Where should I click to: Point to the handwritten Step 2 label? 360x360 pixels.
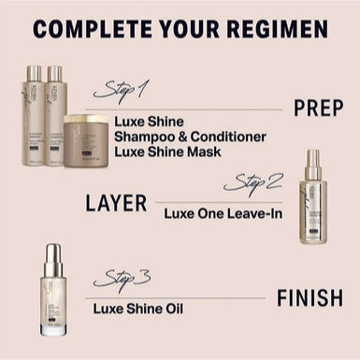tap(252, 181)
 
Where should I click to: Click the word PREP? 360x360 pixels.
tap(318, 108)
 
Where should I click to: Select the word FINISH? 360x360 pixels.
tap(309, 298)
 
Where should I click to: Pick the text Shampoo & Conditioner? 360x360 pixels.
tap(190, 137)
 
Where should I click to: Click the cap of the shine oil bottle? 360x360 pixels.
tap(53, 256)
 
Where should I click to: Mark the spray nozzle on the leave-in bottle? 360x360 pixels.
tap(313, 156)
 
